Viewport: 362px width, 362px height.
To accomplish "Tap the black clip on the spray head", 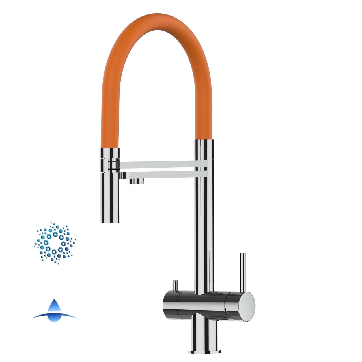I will coord(113,165).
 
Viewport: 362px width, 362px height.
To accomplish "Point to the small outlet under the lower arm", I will coord(137,181).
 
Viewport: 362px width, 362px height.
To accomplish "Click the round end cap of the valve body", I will coord(245,307).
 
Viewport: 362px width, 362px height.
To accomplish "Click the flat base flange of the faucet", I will coord(205,351).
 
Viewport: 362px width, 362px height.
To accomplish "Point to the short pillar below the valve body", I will coord(205,335).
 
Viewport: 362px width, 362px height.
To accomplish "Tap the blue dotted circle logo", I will coord(55,243).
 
